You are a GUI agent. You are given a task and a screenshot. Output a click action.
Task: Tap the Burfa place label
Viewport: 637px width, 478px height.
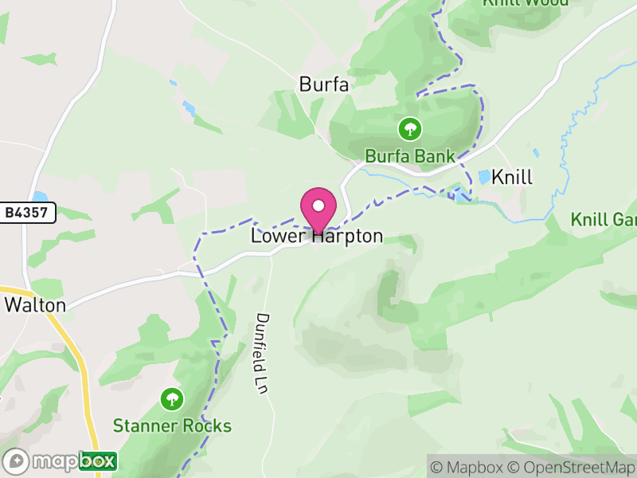(x=324, y=84)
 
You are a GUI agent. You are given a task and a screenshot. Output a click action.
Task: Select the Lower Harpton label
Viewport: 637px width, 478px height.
(x=317, y=237)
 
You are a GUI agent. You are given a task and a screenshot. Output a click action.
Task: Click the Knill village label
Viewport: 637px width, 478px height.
(x=512, y=177)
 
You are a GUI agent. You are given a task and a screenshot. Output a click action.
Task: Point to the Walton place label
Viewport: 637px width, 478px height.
(x=35, y=304)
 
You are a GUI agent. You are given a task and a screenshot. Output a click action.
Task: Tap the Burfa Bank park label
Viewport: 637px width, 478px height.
(x=410, y=156)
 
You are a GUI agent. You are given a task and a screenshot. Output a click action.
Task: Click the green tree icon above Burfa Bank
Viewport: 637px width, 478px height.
(x=410, y=127)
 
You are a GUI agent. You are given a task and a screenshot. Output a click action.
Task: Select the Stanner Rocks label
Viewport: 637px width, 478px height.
(x=172, y=425)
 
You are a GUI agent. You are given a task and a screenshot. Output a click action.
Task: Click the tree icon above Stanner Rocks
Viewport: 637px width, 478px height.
(x=171, y=398)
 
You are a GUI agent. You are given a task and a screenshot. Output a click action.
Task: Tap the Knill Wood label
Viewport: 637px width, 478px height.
(x=526, y=2)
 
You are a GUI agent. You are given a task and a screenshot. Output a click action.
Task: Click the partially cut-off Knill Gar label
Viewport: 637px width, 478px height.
(x=604, y=219)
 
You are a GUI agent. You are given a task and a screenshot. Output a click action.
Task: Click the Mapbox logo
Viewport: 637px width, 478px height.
(x=61, y=461)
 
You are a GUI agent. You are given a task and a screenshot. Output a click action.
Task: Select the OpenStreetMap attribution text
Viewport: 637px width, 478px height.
(x=573, y=467)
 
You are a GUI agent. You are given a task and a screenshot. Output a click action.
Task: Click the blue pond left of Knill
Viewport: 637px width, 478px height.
(x=484, y=177)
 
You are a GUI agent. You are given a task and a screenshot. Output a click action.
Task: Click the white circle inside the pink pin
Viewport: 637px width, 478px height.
(x=318, y=206)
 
